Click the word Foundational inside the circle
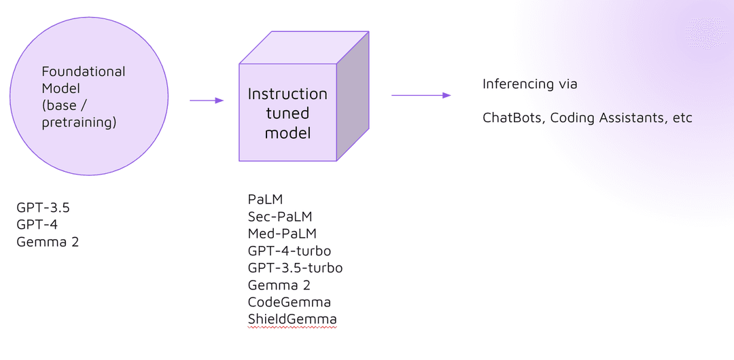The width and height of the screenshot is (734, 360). [x=84, y=71]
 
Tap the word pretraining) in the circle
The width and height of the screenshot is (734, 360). [x=79, y=123]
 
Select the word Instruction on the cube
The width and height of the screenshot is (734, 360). [x=287, y=94]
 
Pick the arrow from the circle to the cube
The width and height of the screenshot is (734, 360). [x=207, y=101]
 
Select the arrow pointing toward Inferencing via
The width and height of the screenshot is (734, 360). [x=421, y=95]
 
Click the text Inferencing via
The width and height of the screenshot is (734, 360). [x=529, y=84]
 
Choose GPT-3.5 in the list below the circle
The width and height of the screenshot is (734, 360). [x=43, y=208]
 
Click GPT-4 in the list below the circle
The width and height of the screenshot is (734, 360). [x=37, y=225]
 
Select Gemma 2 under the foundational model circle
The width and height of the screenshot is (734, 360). [x=48, y=242]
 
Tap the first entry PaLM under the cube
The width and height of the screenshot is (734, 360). [x=265, y=200]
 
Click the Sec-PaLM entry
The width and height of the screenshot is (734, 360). [x=280, y=217]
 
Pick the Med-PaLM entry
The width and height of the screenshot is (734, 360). [x=282, y=234]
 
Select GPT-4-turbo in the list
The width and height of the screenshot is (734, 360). [x=290, y=251]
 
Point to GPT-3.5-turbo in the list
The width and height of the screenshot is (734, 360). [x=295, y=268]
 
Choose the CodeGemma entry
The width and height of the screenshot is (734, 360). [x=289, y=302]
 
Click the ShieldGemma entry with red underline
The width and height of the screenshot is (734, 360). [x=292, y=319]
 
